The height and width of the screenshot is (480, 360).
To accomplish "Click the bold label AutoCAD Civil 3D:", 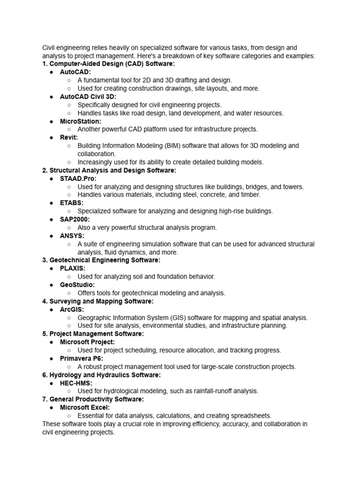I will coord(88,97).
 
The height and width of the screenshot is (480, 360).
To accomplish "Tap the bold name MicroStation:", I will coord(80,121).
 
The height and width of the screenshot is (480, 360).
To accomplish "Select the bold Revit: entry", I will coord(69,137).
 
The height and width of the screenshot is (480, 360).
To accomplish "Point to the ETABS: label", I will coord(72,203).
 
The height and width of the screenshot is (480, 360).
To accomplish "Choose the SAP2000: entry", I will coord(75,219).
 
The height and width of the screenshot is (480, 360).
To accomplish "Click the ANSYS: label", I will coord(72,236).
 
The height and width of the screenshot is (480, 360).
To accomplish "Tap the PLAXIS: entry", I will coord(73,269).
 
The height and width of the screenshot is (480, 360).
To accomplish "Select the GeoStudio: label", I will coord(77,285).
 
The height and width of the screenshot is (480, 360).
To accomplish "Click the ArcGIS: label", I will coord(72,309).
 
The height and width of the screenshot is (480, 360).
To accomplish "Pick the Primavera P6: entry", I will coord(81,359).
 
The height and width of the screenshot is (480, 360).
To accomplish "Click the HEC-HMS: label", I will coord(76,383).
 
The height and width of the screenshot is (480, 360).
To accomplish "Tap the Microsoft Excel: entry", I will coord(85,407).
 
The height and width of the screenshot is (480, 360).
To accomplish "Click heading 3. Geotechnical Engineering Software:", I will coord(101,260).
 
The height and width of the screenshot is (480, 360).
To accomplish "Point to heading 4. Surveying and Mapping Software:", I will coord(97,301).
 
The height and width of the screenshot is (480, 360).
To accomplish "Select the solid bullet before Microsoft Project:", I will coord(51,342).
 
